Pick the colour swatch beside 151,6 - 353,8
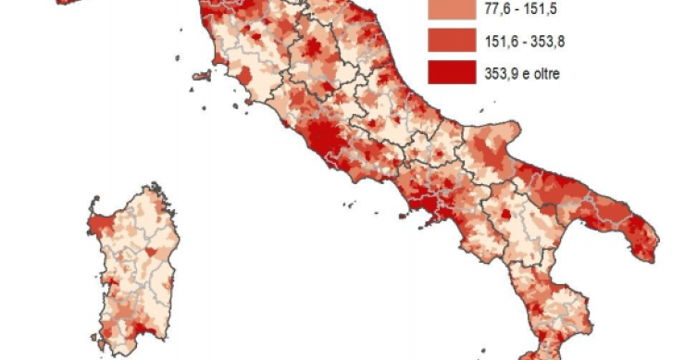(x=446, y=41)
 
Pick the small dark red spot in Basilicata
(x=506, y=215)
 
